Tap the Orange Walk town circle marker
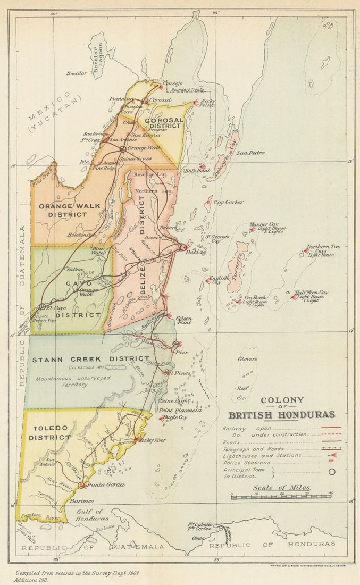pos(123,149)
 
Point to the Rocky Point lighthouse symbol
pos(196,103)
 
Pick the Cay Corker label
pos(229,202)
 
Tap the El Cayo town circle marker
pos(42,306)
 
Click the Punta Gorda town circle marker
pos(81,485)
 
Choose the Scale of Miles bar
pos(282,497)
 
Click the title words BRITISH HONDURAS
pos(282,415)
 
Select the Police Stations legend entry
pos(247,463)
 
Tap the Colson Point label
pos(183,320)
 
